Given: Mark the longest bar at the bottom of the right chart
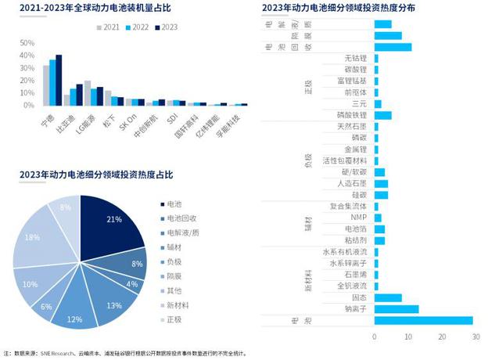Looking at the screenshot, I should click(423, 320).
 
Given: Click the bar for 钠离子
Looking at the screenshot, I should click(397, 308).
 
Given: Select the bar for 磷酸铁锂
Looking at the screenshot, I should click(382, 115).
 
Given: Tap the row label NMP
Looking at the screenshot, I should click(358, 218).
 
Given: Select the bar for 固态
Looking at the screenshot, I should click(388, 297).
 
